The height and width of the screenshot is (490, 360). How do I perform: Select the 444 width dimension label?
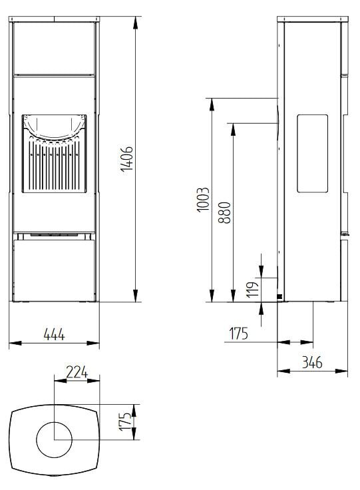click(x=54, y=335)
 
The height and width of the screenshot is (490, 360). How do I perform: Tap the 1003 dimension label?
click(x=204, y=200)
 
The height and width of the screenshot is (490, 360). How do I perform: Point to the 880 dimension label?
click(x=226, y=211)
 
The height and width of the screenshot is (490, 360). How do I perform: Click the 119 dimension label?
click(x=252, y=290)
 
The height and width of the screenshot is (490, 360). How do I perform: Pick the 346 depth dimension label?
click(x=312, y=362)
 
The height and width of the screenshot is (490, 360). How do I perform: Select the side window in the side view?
click(x=311, y=153)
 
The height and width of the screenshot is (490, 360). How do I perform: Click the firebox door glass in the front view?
click(x=55, y=160)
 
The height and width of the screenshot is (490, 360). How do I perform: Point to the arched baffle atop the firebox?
click(x=55, y=126)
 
